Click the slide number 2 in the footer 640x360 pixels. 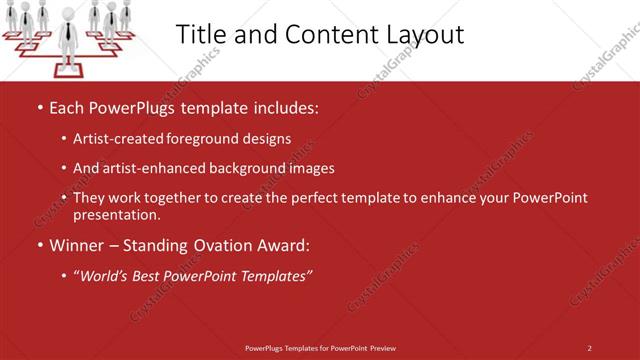tap(589, 348)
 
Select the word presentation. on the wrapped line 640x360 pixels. tap(116, 214)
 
